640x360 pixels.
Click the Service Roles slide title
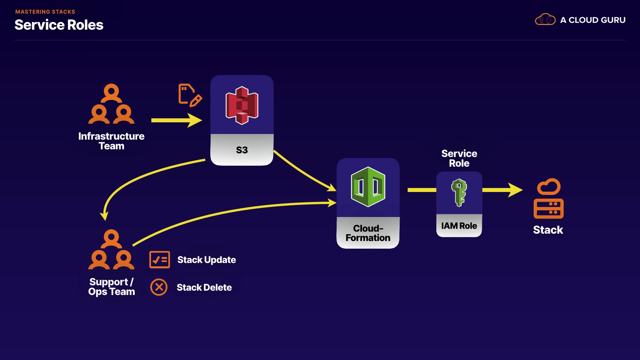click(x=59, y=25)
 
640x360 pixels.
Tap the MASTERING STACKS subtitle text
click(x=45, y=12)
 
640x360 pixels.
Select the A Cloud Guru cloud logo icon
click(x=545, y=20)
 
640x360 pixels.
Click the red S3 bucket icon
click(x=242, y=105)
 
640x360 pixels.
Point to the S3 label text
click(x=242, y=150)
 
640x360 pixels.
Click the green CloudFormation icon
click(x=368, y=187)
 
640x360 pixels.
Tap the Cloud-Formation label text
click(x=368, y=233)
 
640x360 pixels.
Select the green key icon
click(x=459, y=193)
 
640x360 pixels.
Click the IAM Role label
click(x=459, y=226)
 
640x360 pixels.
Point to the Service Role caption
click(x=459, y=158)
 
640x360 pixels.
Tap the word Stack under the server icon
click(x=548, y=230)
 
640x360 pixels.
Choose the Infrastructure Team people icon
click(x=111, y=104)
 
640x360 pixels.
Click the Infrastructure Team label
click(x=111, y=141)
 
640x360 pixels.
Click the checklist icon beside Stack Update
click(x=160, y=260)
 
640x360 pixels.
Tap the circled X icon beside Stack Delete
click(x=159, y=287)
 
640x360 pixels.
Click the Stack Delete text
click(x=204, y=287)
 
